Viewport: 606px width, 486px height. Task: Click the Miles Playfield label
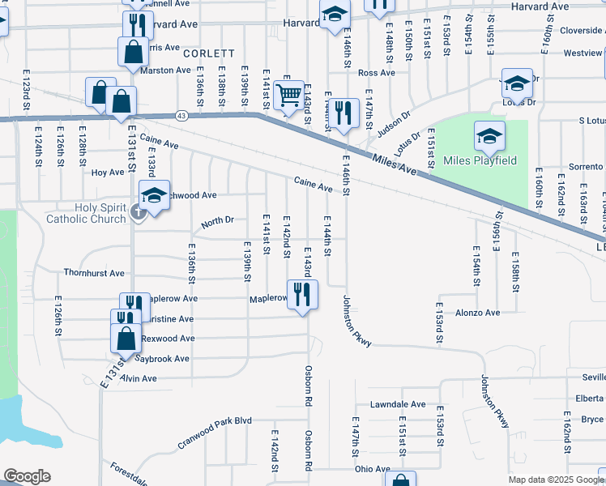point(480,160)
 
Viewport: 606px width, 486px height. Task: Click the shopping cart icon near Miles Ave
point(288,96)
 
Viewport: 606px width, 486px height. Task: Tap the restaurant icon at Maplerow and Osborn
point(302,294)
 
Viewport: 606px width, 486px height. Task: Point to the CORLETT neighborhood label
point(208,53)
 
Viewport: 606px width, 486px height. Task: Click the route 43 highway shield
point(180,117)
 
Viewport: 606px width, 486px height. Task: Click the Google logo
point(26,476)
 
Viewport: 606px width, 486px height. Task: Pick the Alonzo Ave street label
point(478,313)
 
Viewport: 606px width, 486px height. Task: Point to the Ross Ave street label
point(376,73)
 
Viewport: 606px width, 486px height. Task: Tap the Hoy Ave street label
point(107,173)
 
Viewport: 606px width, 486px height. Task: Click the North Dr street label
point(217,220)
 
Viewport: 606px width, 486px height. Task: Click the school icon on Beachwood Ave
point(154,194)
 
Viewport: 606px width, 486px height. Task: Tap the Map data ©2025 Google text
point(556,480)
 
